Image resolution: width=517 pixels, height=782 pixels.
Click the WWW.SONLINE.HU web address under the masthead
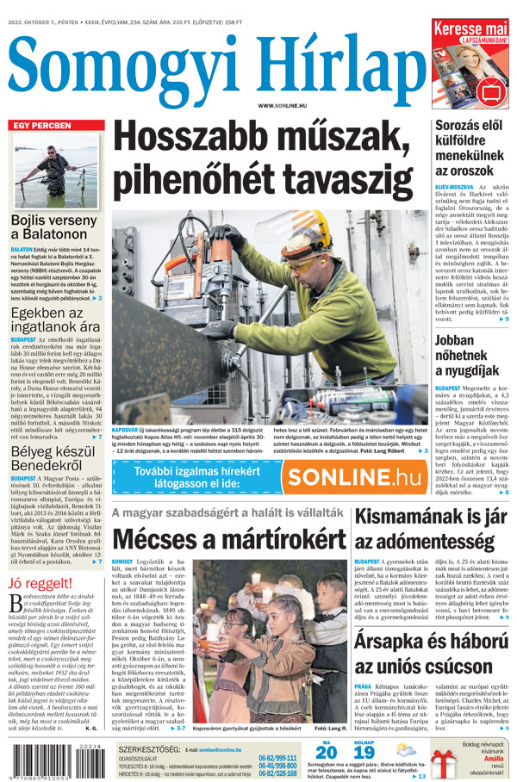(x=283, y=105)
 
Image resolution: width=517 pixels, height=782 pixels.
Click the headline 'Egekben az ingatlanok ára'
(x=54, y=320)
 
